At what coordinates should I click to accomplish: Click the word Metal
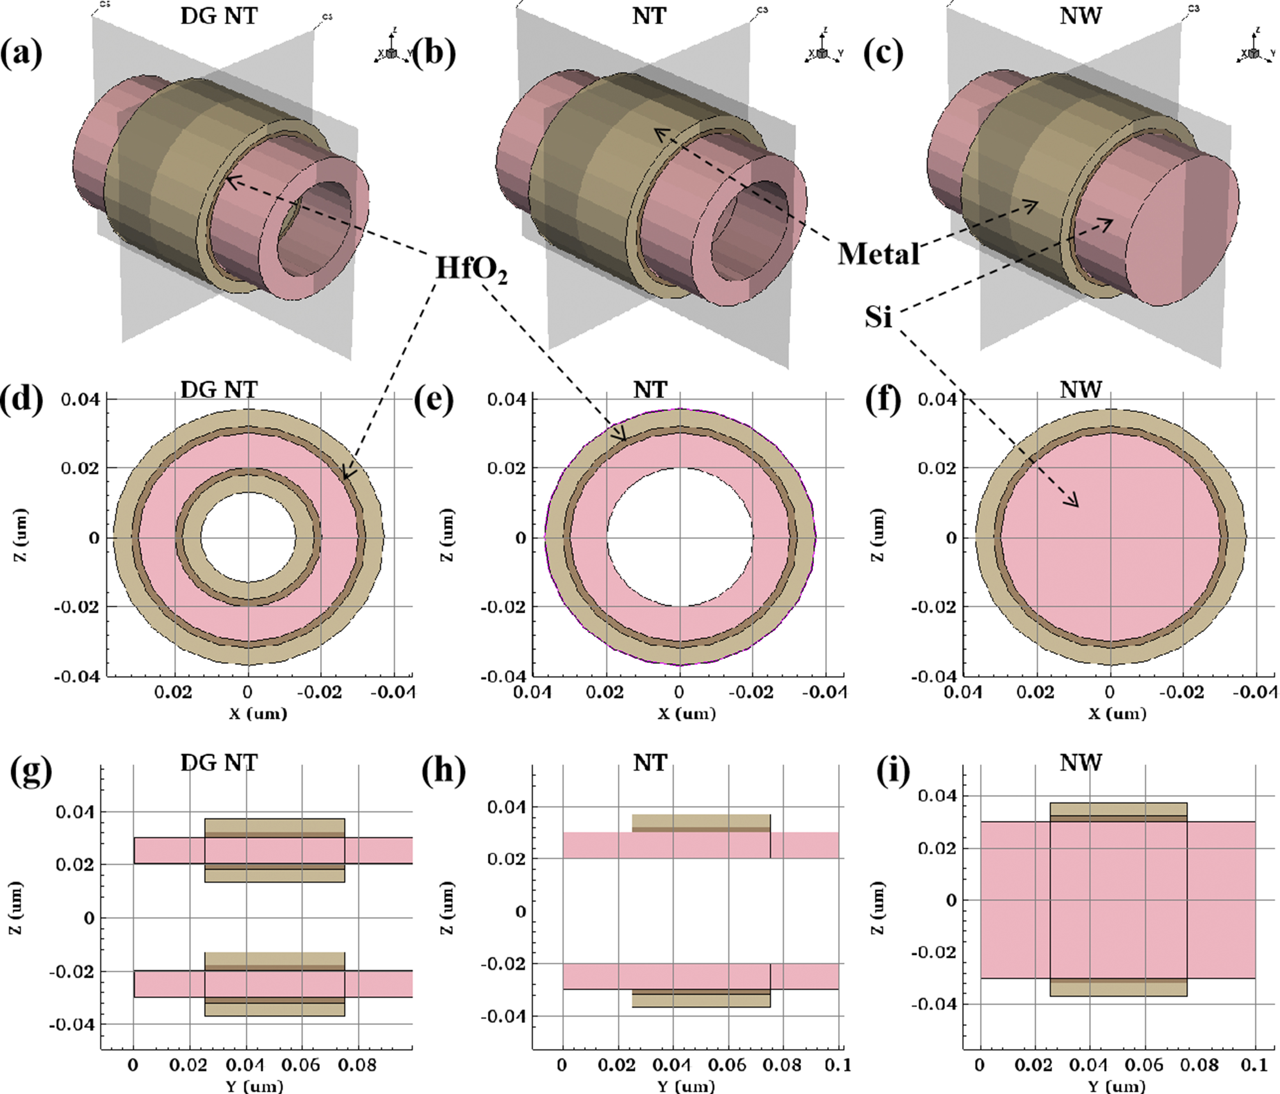click(x=878, y=253)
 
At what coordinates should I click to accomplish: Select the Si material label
click(x=878, y=317)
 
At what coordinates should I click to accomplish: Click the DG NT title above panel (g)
click(x=219, y=764)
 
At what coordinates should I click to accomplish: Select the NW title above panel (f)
click(x=1080, y=389)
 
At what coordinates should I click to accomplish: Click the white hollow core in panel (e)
click(x=680, y=537)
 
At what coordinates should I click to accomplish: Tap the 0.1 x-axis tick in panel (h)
click(x=838, y=1065)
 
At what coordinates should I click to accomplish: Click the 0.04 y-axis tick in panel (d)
click(x=80, y=400)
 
